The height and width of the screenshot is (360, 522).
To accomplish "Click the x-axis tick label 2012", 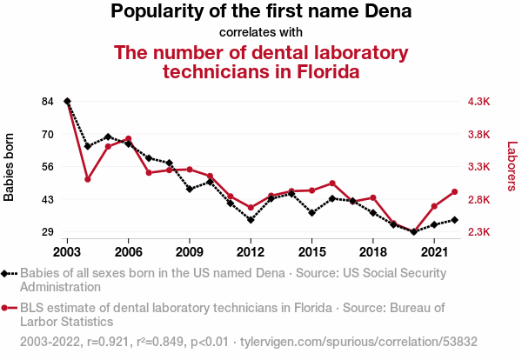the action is click(251, 252).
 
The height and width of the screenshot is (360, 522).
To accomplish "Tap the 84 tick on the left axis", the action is click(48, 101).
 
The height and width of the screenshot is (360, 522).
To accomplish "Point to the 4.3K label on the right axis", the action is click(479, 101).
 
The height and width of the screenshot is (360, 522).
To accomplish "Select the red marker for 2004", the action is click(88, 179).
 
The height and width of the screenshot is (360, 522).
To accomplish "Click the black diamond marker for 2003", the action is click(67, 101).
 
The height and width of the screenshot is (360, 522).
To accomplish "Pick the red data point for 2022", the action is click(454, 192).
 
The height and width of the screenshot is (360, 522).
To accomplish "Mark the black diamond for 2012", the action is click(251, 220).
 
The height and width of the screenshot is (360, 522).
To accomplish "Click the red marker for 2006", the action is click(129, 139).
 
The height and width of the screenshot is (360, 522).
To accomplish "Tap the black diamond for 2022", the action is click(454, 220).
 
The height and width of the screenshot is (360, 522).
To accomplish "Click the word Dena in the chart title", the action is click(388, 11).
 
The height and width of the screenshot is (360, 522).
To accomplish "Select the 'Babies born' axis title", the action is click(9, 167).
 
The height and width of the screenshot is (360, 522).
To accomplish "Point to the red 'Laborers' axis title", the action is click(512, 166).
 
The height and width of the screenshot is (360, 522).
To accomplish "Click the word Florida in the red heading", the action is click(328, 71).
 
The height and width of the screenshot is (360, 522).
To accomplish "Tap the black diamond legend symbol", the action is click(9, 274).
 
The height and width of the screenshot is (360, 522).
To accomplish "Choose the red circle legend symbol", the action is click(9, 308).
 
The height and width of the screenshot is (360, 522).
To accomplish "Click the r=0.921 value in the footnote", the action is click(108, 342).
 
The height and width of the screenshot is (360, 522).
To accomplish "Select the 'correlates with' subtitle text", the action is click(261, 32).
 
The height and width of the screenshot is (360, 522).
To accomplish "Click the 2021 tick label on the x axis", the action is click(434, 252).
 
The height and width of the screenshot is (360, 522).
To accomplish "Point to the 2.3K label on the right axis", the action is click(479, 231).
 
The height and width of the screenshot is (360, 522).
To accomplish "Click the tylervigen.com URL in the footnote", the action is click(358, 342).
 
